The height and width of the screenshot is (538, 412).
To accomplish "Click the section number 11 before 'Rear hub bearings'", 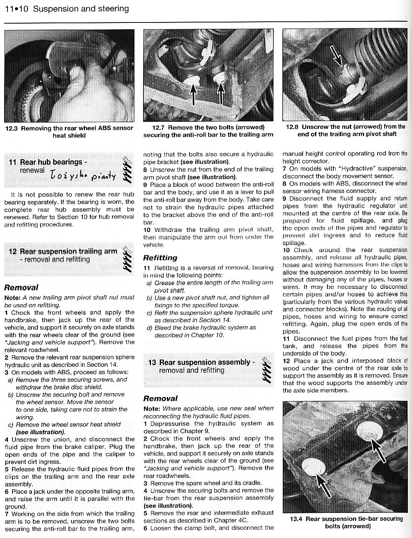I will (x=12, y=162).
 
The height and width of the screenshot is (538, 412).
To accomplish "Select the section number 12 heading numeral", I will (x=12, y=251).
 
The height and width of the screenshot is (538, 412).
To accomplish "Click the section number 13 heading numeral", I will (x=152, y=362).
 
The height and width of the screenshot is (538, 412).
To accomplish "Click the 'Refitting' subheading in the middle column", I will (x=160, y=258).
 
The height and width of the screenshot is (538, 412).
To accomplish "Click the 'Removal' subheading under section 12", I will (x=21, y=288).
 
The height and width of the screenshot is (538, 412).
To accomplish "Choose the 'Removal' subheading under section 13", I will (x=160, y=398).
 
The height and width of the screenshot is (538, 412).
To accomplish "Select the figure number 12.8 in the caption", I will (x=293, y=127).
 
